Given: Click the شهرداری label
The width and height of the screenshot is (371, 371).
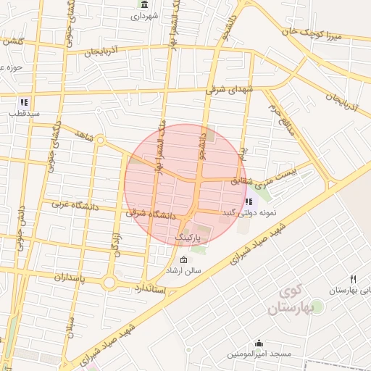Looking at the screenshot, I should (145, 16).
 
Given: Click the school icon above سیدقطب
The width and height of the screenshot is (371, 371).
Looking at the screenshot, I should (24, 102).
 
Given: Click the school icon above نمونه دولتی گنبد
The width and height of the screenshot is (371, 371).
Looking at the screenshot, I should (250, 201).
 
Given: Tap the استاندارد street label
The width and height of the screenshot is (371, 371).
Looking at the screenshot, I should (151, 289).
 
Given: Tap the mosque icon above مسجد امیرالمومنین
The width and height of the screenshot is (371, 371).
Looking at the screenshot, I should (259, 343).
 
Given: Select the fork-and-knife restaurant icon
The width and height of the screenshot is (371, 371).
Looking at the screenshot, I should (354, 279).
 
